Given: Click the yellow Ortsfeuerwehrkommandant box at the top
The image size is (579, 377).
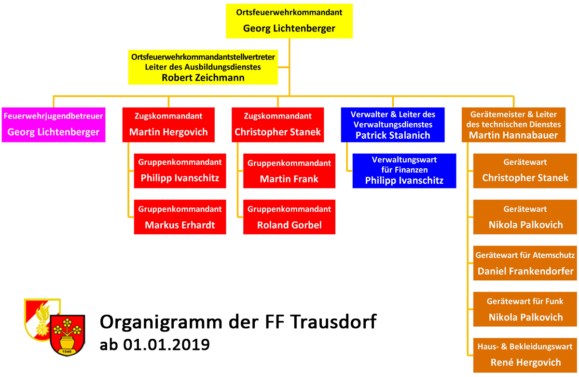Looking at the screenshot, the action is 289,21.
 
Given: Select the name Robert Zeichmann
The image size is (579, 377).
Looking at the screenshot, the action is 203,78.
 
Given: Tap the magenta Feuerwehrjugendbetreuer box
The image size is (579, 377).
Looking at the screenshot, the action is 54,125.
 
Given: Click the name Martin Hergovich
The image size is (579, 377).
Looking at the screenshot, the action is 168,132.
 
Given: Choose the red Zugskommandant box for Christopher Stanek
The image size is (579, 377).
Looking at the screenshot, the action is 277,125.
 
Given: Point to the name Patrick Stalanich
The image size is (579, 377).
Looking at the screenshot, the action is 393,135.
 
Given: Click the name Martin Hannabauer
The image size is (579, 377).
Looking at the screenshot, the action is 513,135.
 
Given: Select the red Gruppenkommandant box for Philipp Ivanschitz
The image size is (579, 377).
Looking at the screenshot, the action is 180,171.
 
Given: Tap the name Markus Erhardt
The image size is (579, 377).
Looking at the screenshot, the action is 179,225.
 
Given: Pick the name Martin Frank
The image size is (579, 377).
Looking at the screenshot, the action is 289,179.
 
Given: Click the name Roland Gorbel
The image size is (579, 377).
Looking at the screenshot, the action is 289,225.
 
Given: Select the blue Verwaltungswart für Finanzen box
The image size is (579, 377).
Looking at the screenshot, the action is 404,171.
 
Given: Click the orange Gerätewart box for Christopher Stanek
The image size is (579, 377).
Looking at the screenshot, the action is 525,171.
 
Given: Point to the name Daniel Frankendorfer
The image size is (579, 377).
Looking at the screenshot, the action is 525,271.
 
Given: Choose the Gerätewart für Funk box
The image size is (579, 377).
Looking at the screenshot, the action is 525,309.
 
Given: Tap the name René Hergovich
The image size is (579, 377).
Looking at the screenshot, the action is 526,362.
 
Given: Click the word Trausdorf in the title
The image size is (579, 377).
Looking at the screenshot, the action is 333,322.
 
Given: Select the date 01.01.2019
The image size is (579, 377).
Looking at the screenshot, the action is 166,345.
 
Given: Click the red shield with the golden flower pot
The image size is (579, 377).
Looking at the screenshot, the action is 67,335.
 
